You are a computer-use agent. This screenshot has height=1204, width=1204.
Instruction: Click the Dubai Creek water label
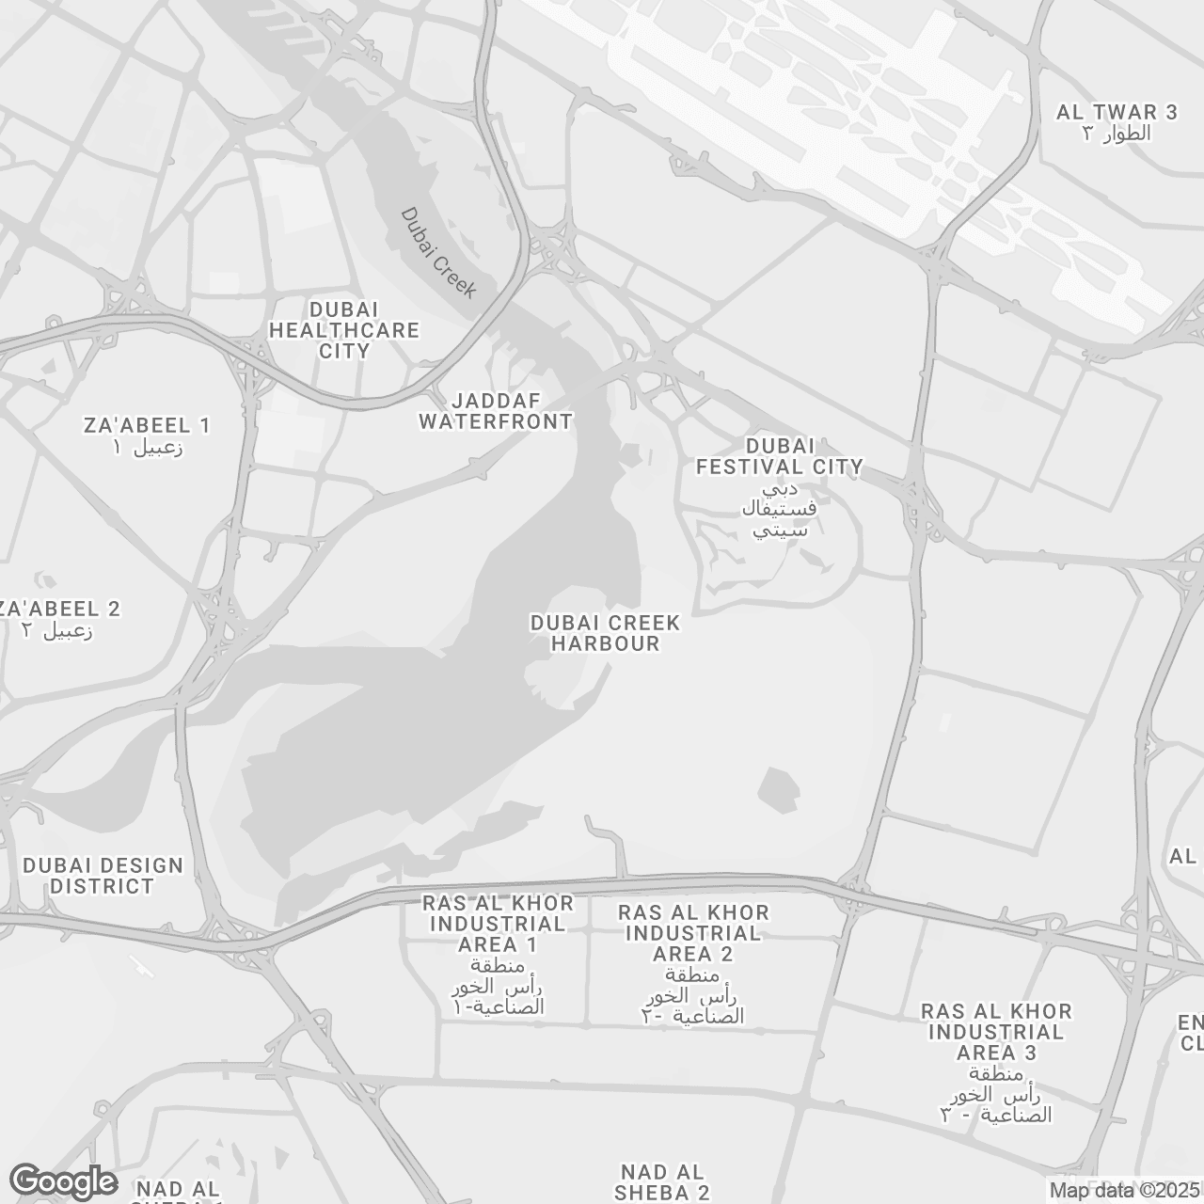438,252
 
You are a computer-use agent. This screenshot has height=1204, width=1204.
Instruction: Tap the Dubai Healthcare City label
344,330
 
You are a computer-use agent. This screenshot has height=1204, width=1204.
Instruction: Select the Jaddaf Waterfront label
496,411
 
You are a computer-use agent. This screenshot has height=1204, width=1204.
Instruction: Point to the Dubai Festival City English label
779,455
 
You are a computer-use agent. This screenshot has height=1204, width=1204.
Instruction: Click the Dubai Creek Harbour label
605,633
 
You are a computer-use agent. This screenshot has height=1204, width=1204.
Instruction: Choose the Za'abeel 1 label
147,425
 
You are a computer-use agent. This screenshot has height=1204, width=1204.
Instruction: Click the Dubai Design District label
103,876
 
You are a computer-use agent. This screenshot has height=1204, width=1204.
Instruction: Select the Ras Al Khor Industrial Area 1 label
498,924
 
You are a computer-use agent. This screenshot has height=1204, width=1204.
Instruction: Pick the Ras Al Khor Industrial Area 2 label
693,933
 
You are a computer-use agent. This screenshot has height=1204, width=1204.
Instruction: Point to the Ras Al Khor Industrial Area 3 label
996,1032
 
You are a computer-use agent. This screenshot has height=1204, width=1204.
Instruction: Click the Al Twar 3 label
1117,112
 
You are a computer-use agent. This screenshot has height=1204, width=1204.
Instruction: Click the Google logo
63,1181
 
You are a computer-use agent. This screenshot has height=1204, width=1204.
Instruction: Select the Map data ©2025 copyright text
1124,1191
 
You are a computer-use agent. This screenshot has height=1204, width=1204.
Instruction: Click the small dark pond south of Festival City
777,788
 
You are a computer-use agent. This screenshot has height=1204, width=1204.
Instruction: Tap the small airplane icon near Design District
141,966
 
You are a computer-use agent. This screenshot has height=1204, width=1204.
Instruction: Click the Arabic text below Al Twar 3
1117,134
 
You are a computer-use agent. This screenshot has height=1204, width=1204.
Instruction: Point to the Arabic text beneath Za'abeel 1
147,447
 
